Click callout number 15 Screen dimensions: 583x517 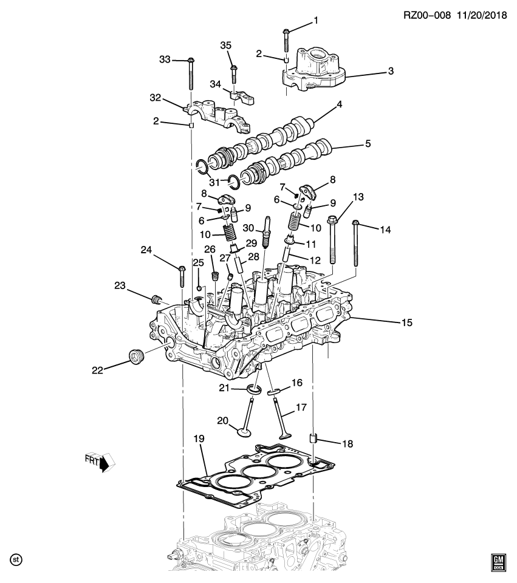(x=406, y=322)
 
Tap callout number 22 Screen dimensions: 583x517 (x=97, y=368)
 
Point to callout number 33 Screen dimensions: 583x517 (x=165, y=59)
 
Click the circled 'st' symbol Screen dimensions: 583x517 (x=16, y=558)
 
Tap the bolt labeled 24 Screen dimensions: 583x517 (x=182, y=276)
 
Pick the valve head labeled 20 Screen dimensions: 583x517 (x=245, y=432)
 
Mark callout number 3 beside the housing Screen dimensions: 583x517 (x=391, y=71)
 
